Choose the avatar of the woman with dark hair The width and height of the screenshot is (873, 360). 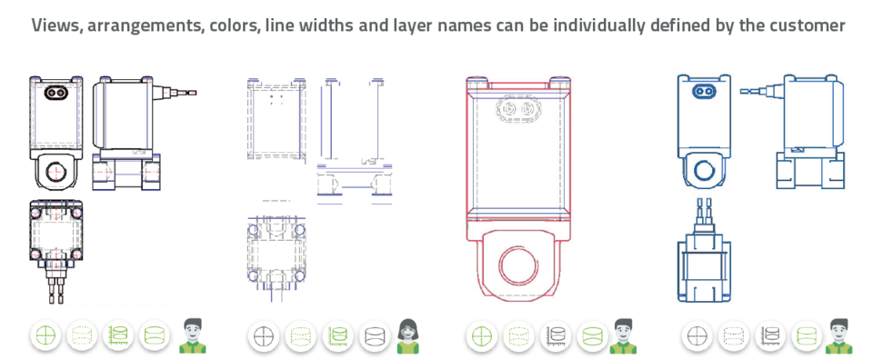(408, 335)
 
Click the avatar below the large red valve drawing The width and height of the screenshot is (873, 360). (623, 335)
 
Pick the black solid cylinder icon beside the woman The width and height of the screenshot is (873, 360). (374, 335)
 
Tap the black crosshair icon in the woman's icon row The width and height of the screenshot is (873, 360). (263, 335)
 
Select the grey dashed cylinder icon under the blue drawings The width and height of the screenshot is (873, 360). (733, 335)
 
